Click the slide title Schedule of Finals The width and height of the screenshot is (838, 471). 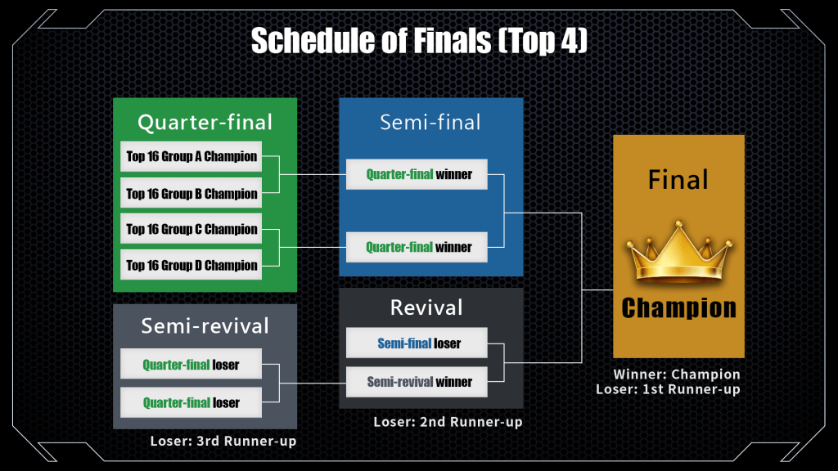[418, 40]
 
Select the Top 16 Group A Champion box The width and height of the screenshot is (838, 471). [191, 156]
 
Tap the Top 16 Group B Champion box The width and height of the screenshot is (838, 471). [191, 194]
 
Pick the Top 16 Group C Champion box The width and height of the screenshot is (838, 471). [191, 229]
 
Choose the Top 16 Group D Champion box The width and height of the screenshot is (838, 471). [191, 265]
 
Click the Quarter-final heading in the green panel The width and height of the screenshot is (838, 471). [205, 123]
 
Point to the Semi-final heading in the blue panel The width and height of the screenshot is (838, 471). [430, 123]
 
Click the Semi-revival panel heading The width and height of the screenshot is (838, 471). [205, 326]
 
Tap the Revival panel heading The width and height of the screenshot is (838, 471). [426, 307]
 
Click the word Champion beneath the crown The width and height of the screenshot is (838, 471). [678, 307]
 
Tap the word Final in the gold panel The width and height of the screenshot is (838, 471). [678, 180]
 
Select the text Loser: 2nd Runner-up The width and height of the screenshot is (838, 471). [448, 422]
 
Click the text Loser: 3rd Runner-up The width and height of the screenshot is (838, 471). [223, 441]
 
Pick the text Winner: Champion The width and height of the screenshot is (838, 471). [677, 375]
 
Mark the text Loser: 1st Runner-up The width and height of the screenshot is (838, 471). [668, 389]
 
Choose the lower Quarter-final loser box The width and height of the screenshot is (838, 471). [191, 402]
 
